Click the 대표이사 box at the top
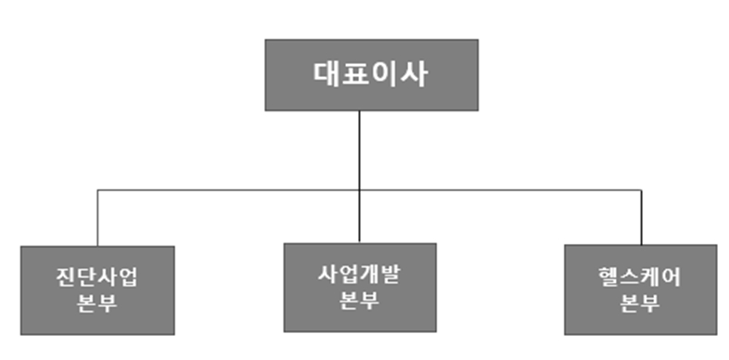tap(371, 73)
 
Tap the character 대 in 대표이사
tap(326, 74)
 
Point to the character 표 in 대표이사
tap(355, 74)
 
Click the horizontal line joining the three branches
tap(232, 191)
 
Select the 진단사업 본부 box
tap(97, 289)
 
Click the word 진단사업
tap(97, 278)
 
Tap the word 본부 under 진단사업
tap(97, 302)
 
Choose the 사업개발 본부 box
tap(360, 287)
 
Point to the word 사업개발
tap(360, 276)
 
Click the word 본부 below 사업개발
tap(360, 300)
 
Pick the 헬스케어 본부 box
tap(640, 289)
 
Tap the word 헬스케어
tap(640, 277)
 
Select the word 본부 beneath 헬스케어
tap(640, 302)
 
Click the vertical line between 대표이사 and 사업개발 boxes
tap(360, 148)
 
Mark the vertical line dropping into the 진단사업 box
tap(97, 219)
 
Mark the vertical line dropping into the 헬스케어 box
tap(641, 219)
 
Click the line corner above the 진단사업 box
tap(97, 191)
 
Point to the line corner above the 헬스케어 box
tap(641, 191)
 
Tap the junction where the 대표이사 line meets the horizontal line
tap(360, 191)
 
